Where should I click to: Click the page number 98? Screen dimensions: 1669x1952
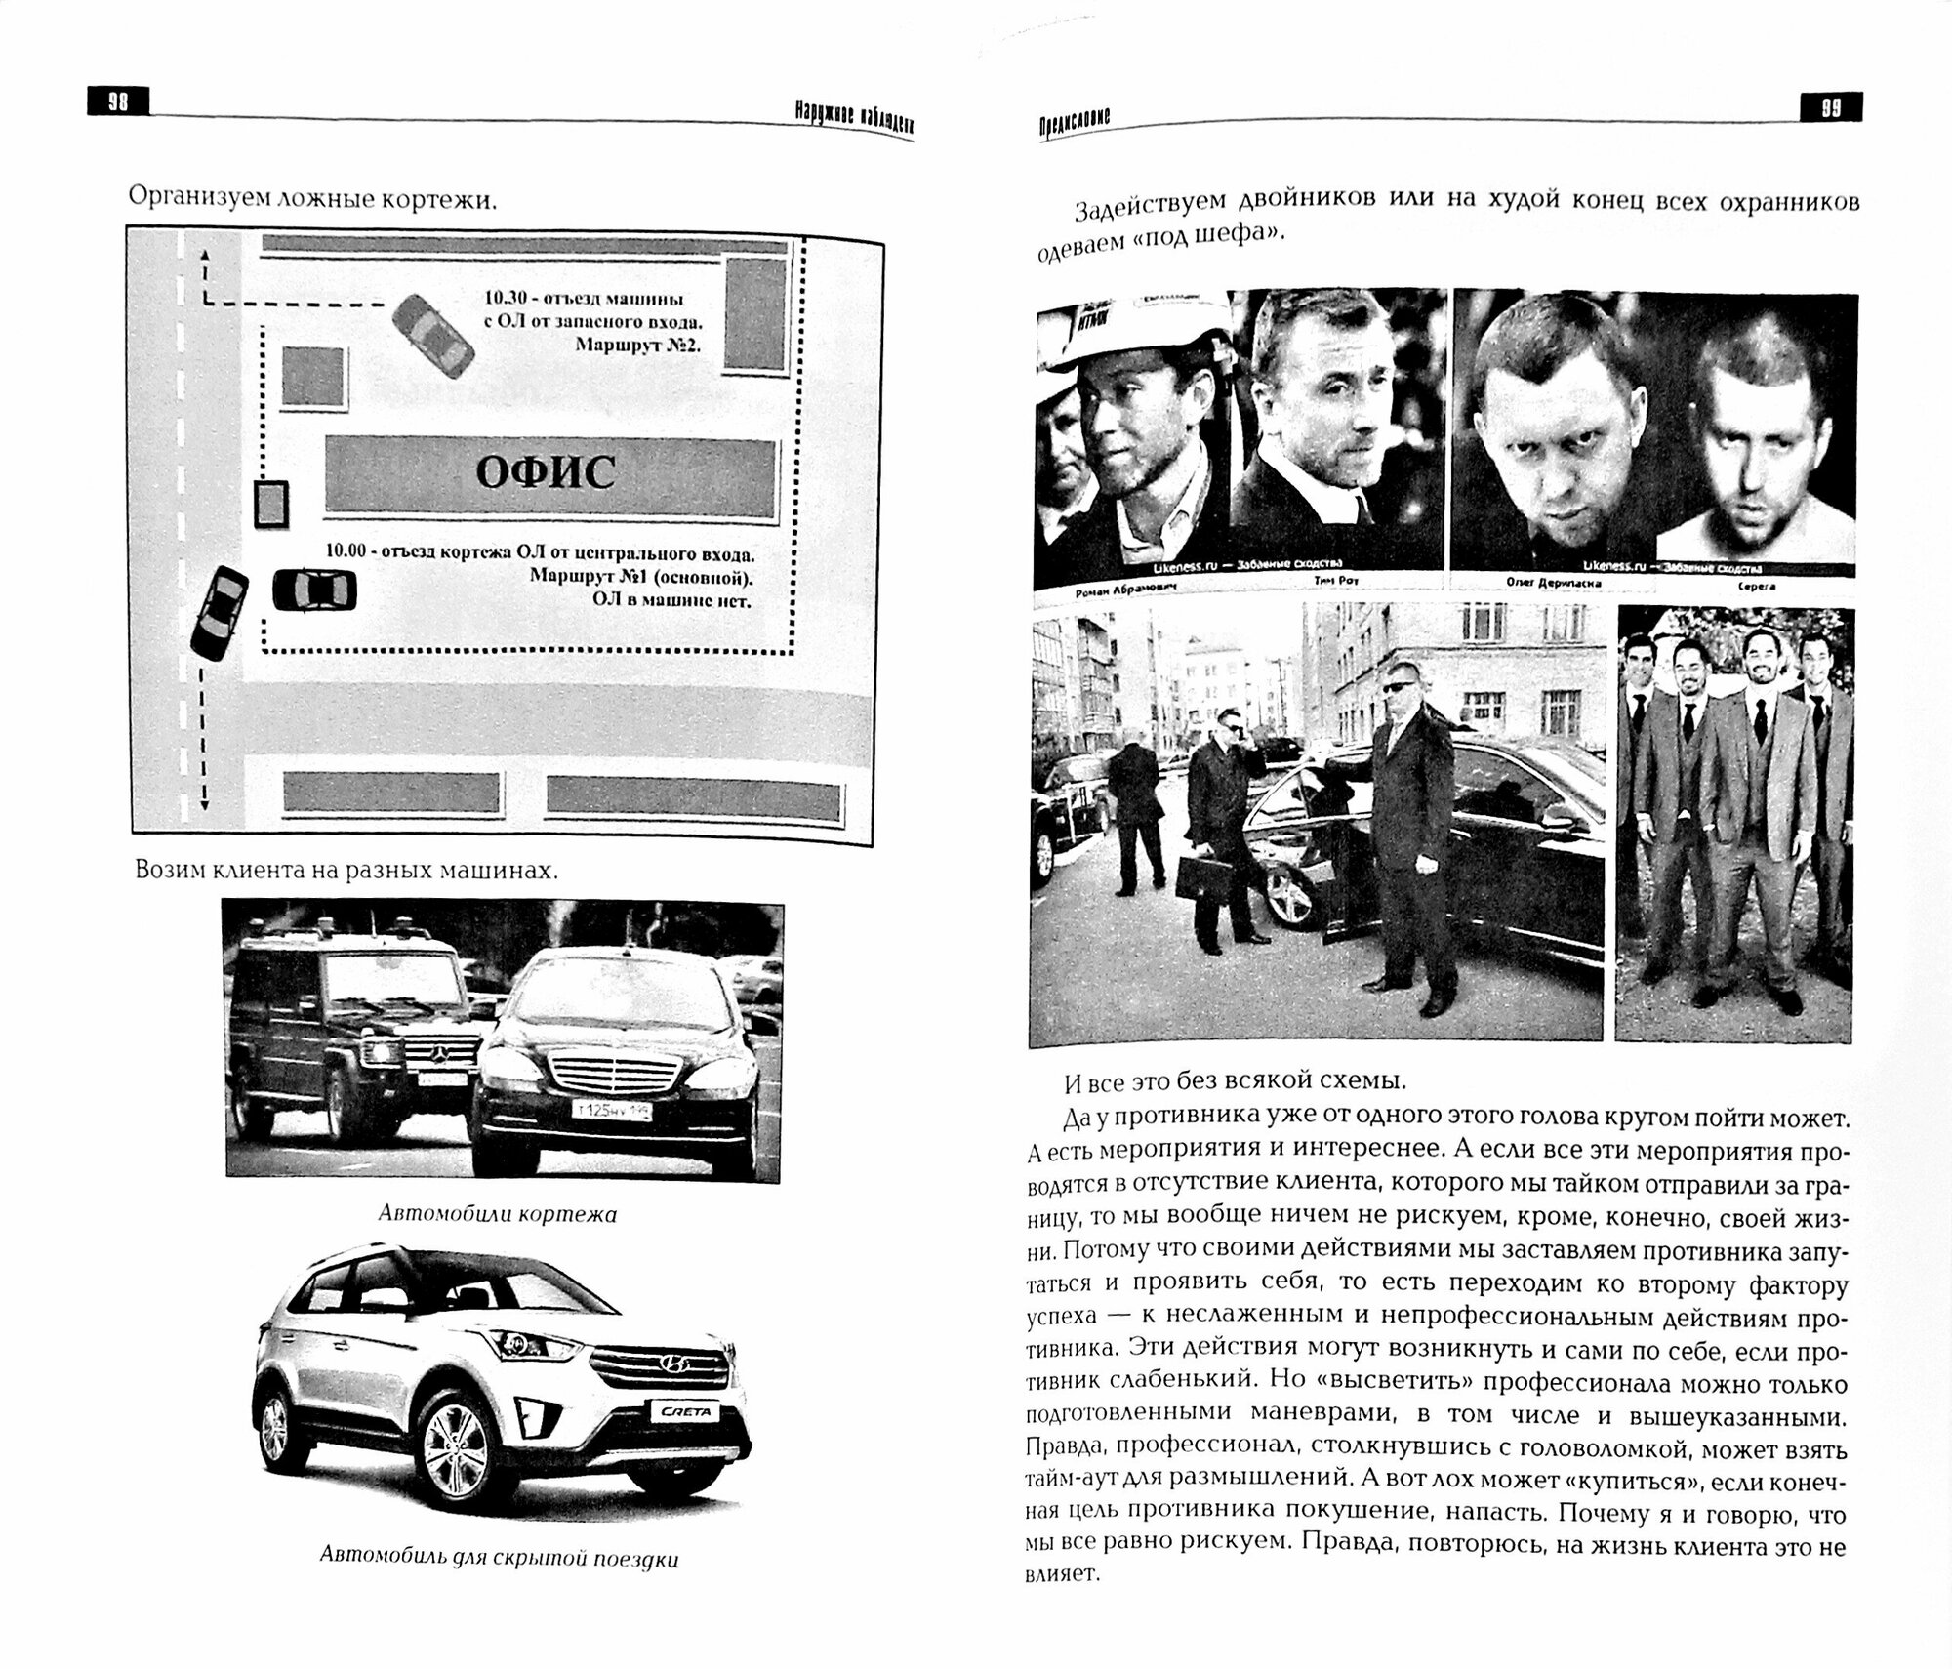(x=118, y=102)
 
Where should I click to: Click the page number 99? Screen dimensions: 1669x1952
(x=1831, y=107)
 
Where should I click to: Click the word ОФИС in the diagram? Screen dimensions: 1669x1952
(x=546, y=474)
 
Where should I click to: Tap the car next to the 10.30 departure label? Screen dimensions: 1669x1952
(x=434, y=338)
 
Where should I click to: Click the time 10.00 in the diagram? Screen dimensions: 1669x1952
(x=345, y=551)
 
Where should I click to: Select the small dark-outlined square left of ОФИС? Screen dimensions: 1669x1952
(x=271, y=504)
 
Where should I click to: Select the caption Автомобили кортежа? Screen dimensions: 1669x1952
(x=498, y=1215)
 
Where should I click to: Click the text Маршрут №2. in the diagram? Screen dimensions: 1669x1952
(x=638, y=345)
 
